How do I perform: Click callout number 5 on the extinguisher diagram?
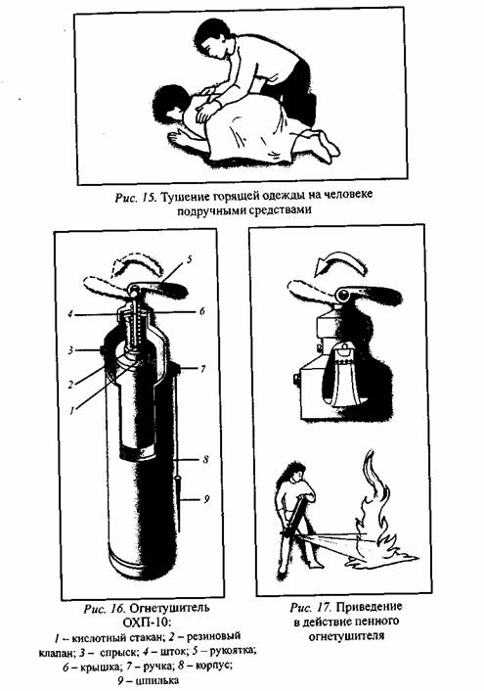click(x=189, y=259)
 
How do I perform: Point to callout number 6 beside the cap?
click(x=202, y=311)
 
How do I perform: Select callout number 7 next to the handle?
click(x=202, y=369)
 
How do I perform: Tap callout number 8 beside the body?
click(x=205, y=460)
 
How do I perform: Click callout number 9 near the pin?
click(x=205, y=499)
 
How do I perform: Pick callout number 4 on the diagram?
click(x=69, y=314)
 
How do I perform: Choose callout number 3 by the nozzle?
click(x=70, y=350)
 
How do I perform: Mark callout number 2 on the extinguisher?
click(x=70, y=385)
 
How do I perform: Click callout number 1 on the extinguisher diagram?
click(x=71, y=410)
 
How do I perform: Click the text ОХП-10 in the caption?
click(x=146, y=622)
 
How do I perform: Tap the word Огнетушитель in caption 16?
click(x=169, y=608)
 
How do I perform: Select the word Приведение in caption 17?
click(x=370, y=607)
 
